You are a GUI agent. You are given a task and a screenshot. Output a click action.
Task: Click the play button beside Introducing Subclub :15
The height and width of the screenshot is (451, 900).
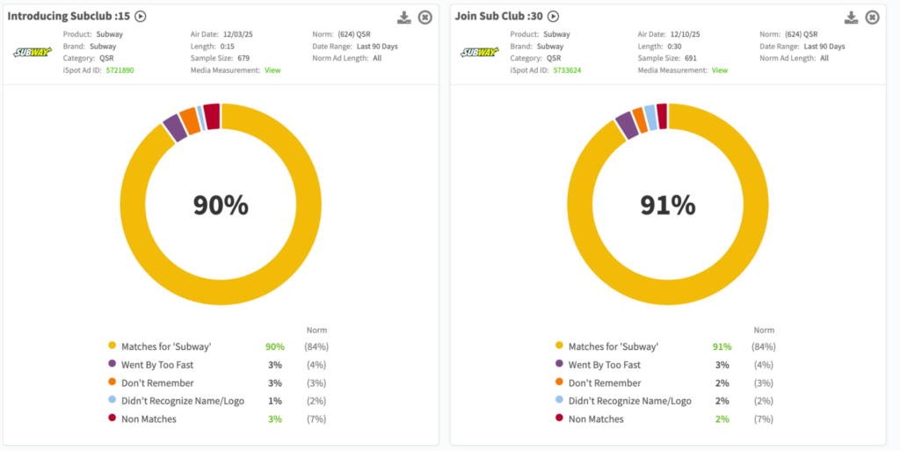(x=141, y=16)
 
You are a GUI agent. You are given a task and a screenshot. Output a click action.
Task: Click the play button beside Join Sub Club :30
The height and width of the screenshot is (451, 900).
(x=553, y=16)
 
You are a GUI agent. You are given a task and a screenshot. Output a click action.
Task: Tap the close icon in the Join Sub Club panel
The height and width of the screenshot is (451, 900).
(x=872, y=18)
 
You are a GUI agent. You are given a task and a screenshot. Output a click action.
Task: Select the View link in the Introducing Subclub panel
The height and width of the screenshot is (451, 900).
(x=272, y=69)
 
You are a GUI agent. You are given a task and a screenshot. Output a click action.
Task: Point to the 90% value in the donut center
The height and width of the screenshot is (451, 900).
(x=221, y=205)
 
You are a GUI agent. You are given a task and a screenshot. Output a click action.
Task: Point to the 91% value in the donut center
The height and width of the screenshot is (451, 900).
(x=668, y=205)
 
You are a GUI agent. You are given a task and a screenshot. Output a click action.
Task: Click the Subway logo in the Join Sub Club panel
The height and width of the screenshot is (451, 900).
(x=479, y=52)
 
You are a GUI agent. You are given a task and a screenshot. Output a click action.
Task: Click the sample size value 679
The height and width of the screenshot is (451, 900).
(x=243, y=58)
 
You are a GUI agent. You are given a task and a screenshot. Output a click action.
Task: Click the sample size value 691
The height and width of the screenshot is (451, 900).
(x=691, y=58)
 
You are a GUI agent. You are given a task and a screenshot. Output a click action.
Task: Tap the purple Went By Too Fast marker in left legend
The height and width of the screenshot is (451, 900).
(x=112, y=365)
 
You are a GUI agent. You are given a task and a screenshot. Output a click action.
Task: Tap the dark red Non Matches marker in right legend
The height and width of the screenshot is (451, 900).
(x=559, y=419)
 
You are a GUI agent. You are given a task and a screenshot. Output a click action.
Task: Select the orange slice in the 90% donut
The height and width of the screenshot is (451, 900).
(x=190, y=120)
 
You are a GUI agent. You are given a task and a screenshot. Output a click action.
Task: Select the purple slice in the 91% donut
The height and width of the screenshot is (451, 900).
(x=627, y=125)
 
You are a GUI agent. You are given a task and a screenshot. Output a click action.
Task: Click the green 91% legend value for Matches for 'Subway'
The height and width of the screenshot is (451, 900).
(x=722, y=346)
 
